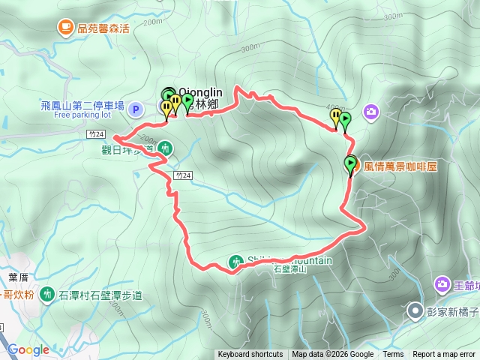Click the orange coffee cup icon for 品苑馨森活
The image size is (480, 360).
66,28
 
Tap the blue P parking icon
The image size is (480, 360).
136,109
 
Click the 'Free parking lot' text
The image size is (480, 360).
82,116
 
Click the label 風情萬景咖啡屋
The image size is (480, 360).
400,166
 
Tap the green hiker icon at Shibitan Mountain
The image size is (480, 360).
236,262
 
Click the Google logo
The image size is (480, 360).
28,349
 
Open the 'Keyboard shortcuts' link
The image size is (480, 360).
250,355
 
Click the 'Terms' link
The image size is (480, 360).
393,355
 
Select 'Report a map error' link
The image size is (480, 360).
444,355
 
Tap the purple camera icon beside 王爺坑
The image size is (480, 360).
441,284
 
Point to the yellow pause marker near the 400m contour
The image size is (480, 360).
335,115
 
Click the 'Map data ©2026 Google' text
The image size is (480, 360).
332,355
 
